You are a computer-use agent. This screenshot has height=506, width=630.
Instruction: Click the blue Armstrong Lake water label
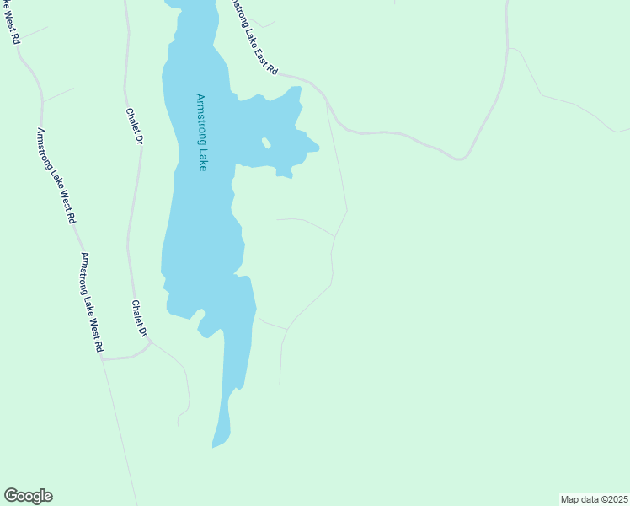(201, 132)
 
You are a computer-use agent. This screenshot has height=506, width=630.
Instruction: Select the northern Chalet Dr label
(134, 126)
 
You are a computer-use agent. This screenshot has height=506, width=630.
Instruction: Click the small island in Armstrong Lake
(266, 143)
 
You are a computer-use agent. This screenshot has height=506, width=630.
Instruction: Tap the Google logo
(28, 496)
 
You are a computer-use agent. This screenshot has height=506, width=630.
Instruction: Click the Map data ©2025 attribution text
(595, 499)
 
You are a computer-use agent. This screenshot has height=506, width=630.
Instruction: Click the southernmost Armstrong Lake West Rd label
(92, 301)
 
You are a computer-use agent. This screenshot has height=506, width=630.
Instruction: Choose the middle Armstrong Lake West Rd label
(56, 175)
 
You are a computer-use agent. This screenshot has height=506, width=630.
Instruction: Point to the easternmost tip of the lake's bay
(318, 150)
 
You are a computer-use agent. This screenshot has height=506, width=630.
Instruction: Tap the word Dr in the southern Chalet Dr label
(143, 331)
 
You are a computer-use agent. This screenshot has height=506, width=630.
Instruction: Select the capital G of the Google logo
(10, 496)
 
